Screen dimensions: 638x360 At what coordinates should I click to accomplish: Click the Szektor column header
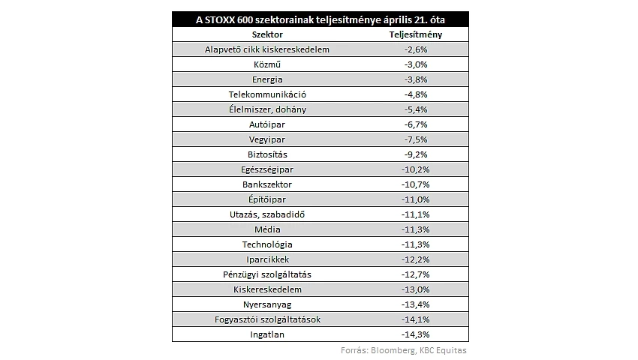267,34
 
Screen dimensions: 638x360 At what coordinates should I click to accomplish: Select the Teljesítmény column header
415,34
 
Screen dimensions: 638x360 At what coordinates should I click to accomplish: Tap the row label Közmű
267,64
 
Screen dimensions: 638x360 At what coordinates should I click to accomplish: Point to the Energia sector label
267,79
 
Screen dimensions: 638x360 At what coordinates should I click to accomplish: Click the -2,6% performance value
416,49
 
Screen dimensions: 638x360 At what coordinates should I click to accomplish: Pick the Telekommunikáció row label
267,94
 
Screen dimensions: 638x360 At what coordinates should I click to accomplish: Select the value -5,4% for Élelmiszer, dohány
416,109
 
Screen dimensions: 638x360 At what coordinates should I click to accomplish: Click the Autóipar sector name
267,124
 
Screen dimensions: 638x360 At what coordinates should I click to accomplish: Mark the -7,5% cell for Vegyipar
416,139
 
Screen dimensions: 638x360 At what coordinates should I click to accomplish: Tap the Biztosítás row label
267,154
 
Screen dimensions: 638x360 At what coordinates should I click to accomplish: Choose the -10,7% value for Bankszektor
415,184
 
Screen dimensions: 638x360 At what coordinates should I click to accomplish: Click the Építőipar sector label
267,199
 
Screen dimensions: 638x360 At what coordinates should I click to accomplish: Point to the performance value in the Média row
415,229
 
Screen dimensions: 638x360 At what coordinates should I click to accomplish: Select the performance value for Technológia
415,244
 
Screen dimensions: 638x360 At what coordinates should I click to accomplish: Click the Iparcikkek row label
267,259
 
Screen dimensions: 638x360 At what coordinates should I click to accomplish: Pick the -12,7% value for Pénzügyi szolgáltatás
415,274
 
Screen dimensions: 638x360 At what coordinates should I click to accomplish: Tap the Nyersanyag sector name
267,304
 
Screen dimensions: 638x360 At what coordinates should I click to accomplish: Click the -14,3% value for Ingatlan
415,334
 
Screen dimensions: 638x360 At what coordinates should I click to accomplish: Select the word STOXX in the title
219,19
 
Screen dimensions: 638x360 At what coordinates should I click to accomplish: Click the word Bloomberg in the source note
393,350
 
